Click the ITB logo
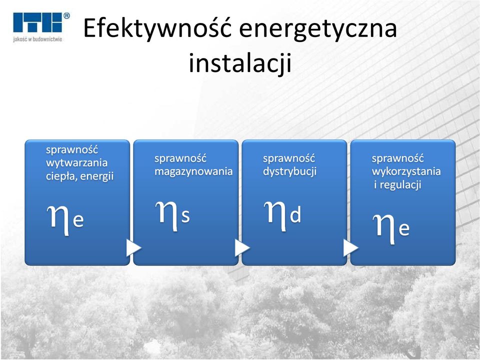coord(38,22)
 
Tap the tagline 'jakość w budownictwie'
coord(37,39)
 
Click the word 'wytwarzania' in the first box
coord(76,163)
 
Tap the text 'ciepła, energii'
coord(79,176)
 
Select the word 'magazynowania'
coord(193,171)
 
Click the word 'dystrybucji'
coord(289,171)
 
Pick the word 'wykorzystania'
coord(406,171)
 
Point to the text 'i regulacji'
coord(397,185)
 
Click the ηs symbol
coord(172,215)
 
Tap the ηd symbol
coord(282,215)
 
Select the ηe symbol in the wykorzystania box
coord(391,228)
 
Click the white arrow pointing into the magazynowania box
coord(133,248)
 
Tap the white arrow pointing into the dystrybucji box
coord(241,248)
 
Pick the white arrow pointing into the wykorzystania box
coord(350,248)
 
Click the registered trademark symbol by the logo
coord(66,15)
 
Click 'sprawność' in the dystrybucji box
coord(289,158)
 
